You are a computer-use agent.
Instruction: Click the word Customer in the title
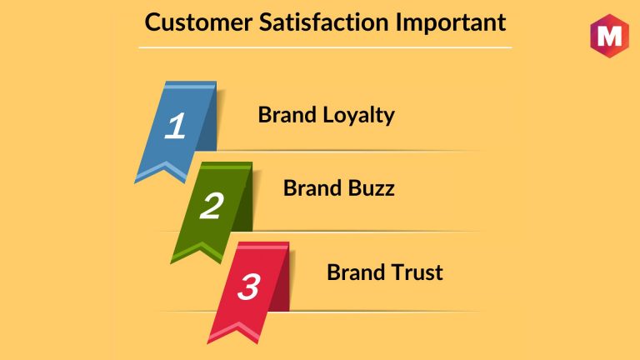click(x=198, y=22)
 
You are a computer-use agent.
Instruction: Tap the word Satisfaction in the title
click(x=323, y=22)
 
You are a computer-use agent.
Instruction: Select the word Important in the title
click(x=451, y=22)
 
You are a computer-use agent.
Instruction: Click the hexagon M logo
click(x=609, y=36)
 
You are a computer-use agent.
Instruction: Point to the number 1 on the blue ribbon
click(x=176, y=125)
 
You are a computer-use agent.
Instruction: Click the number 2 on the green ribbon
click(x=212, y=205)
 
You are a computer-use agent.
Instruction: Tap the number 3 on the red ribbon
click(x=248, y=287)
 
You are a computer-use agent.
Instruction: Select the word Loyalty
click(x=359, y=116)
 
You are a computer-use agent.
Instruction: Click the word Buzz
click(x=372, y=188)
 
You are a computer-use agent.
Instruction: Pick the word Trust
click(x=417, y=272)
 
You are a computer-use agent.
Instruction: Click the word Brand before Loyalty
click(x=287, y=115)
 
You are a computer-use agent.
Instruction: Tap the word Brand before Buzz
click(x=312, y=188)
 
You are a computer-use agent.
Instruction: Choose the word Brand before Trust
click(x=356, y=272)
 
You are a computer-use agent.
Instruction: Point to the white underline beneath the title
click(x=325, y=47)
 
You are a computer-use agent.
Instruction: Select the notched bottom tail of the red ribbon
click(x=236, y=332)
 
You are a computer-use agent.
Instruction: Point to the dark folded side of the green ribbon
click(x=243, y=201)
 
